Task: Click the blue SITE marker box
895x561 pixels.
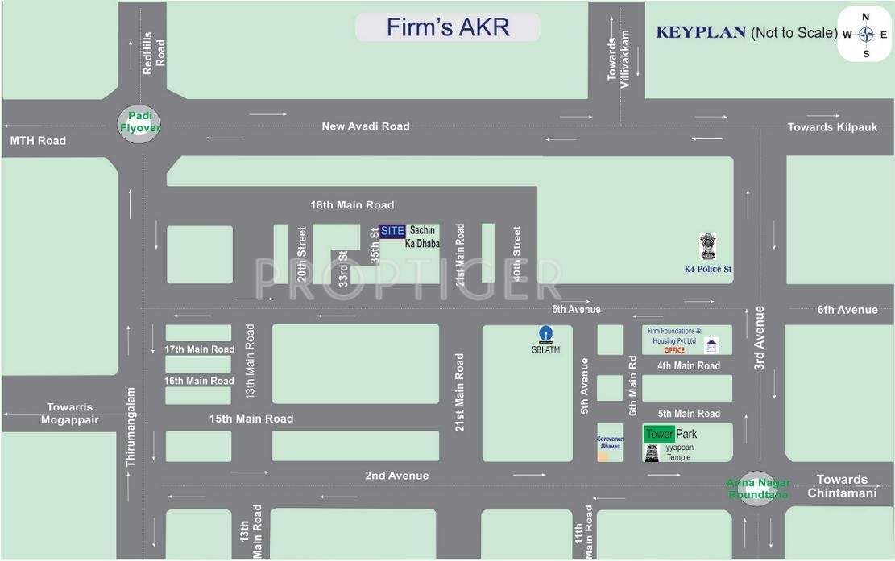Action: point(392,231)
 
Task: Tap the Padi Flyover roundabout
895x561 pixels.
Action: point(140,122)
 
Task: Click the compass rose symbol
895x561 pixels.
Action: point(866,35)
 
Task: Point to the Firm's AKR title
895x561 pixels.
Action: point(448,27)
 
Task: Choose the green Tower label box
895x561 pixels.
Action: point(659,434)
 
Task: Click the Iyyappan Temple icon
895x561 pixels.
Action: point(652,452)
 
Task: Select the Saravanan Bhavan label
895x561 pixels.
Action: point(610,442)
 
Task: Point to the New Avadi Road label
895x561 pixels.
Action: point(366,126)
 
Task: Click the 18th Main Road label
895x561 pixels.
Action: point(352,204)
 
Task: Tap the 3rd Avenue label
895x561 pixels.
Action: point(759,338)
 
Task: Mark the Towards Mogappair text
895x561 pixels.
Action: point(70,413)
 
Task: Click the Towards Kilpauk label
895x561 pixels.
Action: point(831,127)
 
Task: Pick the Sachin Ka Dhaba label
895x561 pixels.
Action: point(422,237)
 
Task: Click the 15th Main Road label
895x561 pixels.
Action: point(251,419)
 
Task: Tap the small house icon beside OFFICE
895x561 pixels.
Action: point(711,346)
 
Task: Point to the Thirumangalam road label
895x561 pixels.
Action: point(131,427)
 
